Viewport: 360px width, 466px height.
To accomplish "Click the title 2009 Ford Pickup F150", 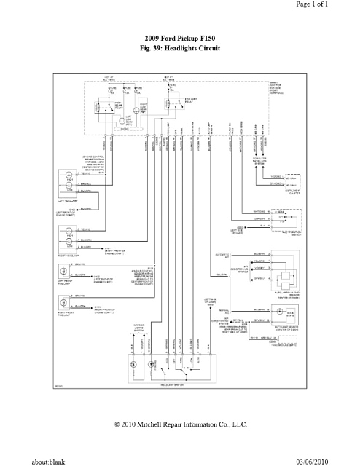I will [179, 37].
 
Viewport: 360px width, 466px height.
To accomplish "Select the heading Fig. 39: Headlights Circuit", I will [179, 47].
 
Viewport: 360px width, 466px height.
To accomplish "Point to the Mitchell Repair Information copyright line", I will [179, 424].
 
